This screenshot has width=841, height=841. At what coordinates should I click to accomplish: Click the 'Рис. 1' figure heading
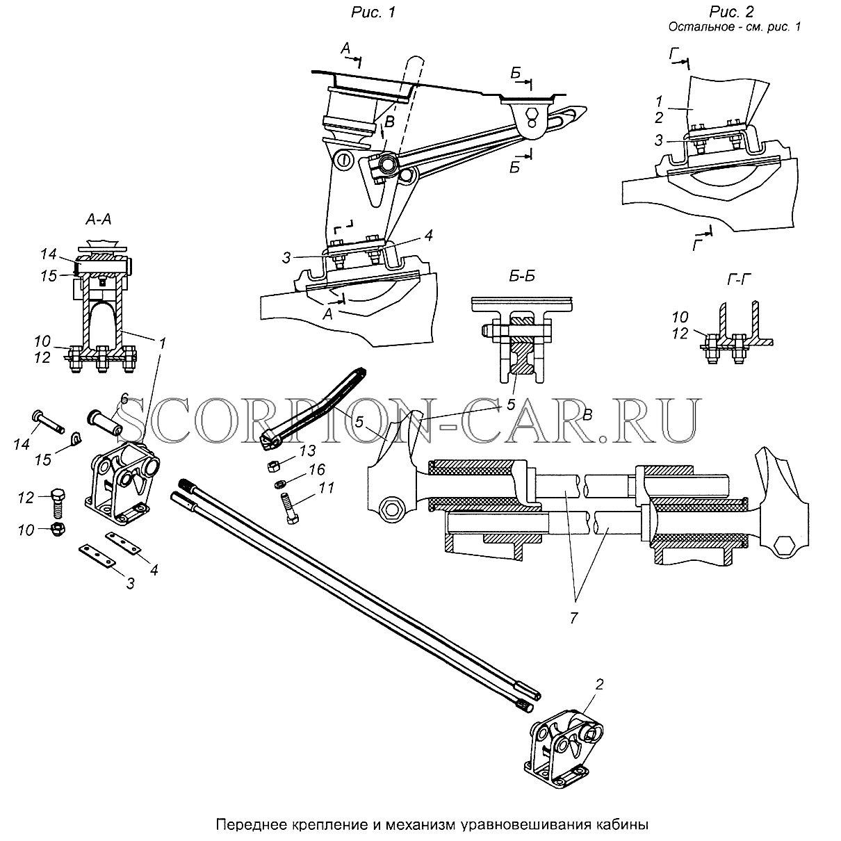tap(373, 13)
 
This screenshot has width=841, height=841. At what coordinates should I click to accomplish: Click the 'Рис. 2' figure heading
tap(732, 11)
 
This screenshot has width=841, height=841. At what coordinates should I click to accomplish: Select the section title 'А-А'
tap(98, 220)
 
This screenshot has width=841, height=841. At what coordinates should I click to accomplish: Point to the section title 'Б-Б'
tap(522, 276)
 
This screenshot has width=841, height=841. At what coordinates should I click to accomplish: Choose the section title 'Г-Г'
tap(739, 279)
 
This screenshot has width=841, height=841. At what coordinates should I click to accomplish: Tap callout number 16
tap(316, 470)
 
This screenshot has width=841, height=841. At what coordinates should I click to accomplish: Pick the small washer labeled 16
tap(279, 484)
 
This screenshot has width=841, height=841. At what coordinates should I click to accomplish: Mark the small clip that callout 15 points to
tap(76, 439)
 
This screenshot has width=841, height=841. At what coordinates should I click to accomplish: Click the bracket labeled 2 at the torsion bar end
tap(563, 748)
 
